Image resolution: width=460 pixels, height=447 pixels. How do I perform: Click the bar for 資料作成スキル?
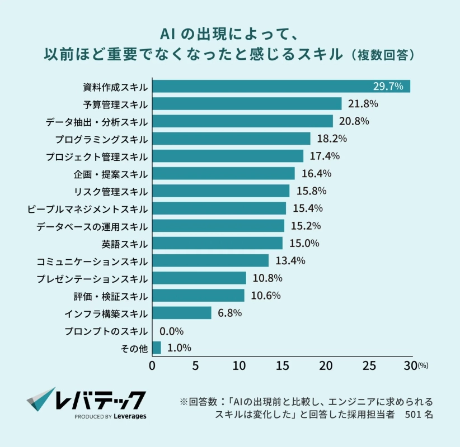[280, 87]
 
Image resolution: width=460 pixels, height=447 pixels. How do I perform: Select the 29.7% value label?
[388, 87]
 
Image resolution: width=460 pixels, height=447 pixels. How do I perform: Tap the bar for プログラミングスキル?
[231, 139]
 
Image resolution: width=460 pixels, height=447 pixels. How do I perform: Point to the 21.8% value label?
[363, 104]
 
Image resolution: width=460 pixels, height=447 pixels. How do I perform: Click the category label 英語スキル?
[125, 244]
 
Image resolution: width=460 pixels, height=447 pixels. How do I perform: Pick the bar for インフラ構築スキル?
[181, 313]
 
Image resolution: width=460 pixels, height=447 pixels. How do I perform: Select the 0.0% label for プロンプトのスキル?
[172, 330]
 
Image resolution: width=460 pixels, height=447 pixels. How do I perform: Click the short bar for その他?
[156, 348]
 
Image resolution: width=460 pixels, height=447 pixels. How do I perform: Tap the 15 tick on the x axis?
[282, 366]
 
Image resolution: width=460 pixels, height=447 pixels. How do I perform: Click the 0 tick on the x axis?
[152, 366]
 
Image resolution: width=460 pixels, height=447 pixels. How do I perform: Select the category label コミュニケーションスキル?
[92, 261]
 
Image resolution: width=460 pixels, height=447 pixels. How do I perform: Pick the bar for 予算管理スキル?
[246, 104]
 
